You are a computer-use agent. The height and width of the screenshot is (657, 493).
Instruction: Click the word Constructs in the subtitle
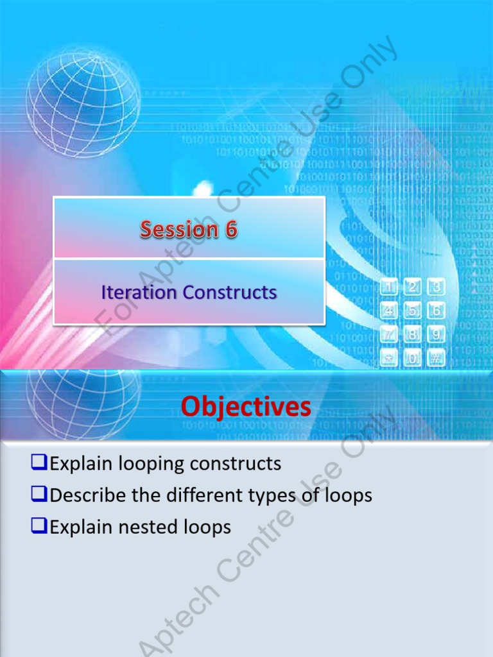click(x=229, y=293)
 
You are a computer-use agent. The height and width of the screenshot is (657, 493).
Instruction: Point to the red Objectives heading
click(x=246, y=407)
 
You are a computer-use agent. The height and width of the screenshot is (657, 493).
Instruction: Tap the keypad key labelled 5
click(x=413, y=311)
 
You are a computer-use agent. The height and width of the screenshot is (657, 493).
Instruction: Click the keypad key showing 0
click(x=413, y=358)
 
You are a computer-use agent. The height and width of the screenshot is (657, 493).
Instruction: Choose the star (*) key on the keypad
click(x=389, y=358)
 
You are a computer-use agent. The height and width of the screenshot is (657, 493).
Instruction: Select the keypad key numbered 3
click(x=437, y=287)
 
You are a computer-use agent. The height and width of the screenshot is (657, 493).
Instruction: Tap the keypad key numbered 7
click(x=389, y=334)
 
